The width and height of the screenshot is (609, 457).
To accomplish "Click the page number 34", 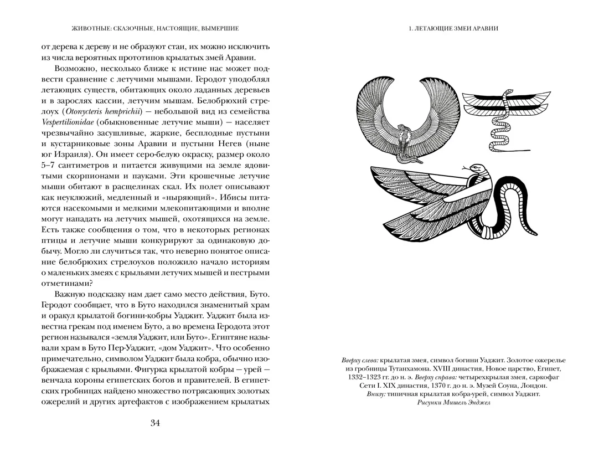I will click(x=155, y=424).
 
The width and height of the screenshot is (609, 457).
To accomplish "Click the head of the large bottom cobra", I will click(x=469, y=168).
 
